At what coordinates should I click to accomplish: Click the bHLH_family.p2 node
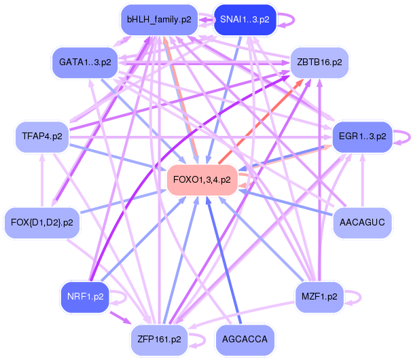(x=159, y=20)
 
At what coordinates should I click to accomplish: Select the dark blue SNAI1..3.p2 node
(x=245, y=20)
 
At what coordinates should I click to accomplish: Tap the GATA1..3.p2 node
(x=85, y=62)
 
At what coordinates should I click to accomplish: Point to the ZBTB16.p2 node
(x=319, y=62)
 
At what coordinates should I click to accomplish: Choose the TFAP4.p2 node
(x=42, y=137)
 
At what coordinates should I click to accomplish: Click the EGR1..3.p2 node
(x=363, y=137)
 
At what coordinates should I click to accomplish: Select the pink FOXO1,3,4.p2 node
(x=202, y=180)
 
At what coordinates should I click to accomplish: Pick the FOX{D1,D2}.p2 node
(x=42, y=223)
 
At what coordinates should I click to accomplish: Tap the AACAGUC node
(x=362, y=223)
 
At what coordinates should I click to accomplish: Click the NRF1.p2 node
(x=85, y=297)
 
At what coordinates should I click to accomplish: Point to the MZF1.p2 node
(x=319, y=297)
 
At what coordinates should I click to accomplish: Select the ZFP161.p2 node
(x=160, y=340)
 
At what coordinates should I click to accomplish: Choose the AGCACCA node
(x=245, y=340)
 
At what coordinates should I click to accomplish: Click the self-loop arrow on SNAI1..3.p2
(x=293, y=20)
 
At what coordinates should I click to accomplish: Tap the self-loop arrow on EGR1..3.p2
(x=410, y=137)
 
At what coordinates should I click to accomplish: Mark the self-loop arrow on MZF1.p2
(x=360, y=298)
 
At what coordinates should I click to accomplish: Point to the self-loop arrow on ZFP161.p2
(x=204, y=340)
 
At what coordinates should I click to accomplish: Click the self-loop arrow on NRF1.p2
(x=126, y=298)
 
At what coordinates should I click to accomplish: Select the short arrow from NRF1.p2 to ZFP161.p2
(x=120, y=318)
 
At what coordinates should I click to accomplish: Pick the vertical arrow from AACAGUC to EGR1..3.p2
(x=363, y=180)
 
